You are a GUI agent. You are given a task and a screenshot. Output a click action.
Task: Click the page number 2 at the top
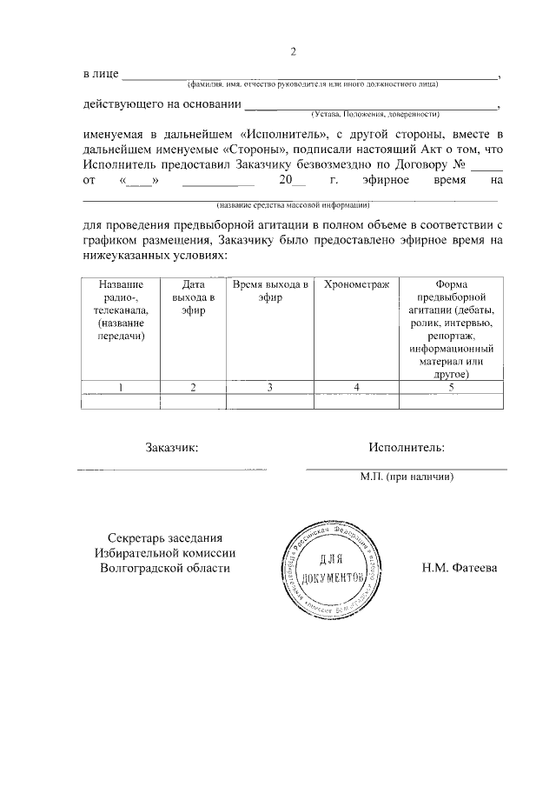pyautogui.click(x=294, y=50)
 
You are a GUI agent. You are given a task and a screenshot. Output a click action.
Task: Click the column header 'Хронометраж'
pyautogui.click(x=356, y=285)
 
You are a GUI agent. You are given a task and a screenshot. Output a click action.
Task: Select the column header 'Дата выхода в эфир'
pyautogui.click(x=194, y=297)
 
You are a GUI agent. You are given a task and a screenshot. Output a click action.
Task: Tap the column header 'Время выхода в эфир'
pyautogui.click(x=270, y=291)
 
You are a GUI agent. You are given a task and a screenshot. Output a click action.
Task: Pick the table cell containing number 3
pyautogui.click(x=270, y=388)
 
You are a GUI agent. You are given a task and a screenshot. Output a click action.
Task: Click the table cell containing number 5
pyautogui.click(x=451, y=388)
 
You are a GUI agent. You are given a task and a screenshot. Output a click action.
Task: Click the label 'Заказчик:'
pyautogui.click(x=170, y=448)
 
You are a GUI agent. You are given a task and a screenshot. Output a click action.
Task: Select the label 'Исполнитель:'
pyautogui.click(x=406, y=448)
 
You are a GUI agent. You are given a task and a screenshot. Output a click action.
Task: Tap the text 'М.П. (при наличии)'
pyautogui.click(x=407, y=477)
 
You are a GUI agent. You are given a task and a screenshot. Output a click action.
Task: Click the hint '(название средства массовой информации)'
pyautogui.click(x=294, y=205)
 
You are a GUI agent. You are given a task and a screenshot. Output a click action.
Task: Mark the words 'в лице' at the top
pyautogui.click(x=101, y=76)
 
